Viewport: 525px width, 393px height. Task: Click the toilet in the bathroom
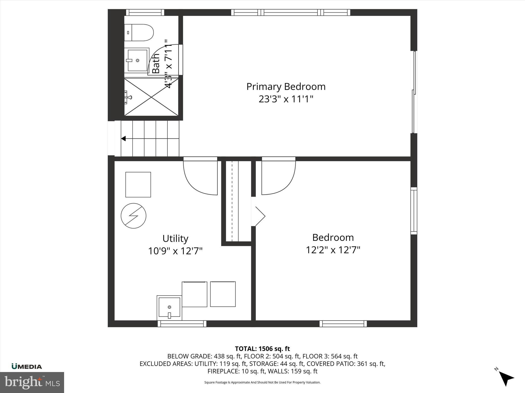(x=139, y=32)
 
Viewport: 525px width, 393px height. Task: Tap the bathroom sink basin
(x=137, y=60)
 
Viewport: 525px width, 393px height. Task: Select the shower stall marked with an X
(x=151, y=97)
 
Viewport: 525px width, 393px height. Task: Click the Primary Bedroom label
(x=286, y=86)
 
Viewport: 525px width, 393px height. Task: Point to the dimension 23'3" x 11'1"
(x=286, y=99)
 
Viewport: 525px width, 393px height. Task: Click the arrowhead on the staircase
(x=124, y=139)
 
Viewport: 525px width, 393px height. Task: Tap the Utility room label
(x=175, y=238)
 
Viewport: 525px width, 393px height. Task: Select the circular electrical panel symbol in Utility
(x=134, y=216)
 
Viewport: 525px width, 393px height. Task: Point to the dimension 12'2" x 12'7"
(x=333, y=250)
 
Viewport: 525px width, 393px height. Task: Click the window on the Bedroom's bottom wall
(x=343, y=324)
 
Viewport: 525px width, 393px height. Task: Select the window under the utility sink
(x=182, y=324)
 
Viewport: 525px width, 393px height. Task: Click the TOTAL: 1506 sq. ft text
(x=262, y=348)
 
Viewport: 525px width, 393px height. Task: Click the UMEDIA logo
(x=27, y=367)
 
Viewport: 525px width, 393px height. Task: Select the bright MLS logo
(x=32, y=382)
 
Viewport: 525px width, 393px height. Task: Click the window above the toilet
(x=145, y=12)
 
